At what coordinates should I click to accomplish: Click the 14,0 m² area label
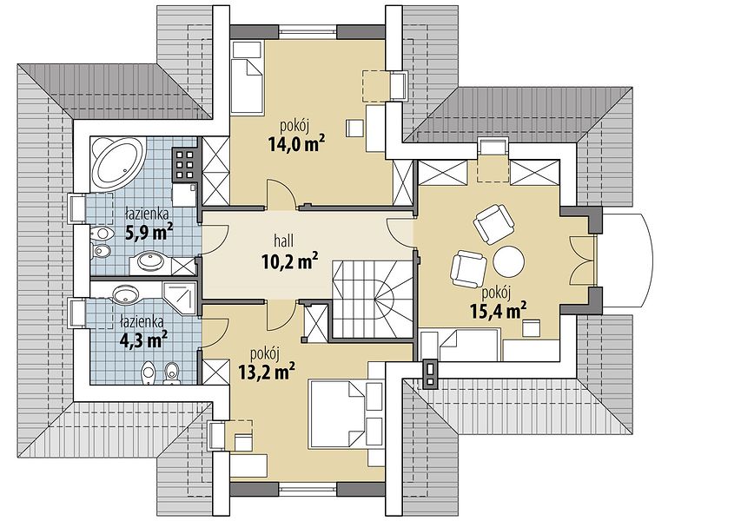click(x=296, y=142)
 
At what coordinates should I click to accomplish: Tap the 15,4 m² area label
click(x=499, y=310)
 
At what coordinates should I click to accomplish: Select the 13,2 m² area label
click(x=267, y=371)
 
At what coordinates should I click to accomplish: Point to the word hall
click(x=283, y=241)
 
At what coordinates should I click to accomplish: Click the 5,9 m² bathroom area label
click(x=149, y=231)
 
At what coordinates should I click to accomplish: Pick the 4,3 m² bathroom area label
click(x=143, y=338)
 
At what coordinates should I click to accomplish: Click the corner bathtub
click(x=117, y=162)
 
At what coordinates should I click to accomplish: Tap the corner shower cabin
click(x=180, y=300)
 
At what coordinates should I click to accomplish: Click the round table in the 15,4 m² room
click(x=508, y=260)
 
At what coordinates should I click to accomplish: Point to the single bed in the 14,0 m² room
click(x=247, y=77)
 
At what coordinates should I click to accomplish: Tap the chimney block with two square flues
click(x=430, y=373)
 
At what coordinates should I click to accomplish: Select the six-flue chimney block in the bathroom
click(x=185, y=165)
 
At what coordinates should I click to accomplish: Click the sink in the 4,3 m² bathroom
click(x=125, y=294)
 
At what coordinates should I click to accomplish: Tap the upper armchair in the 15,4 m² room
click(x=493, y=223)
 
